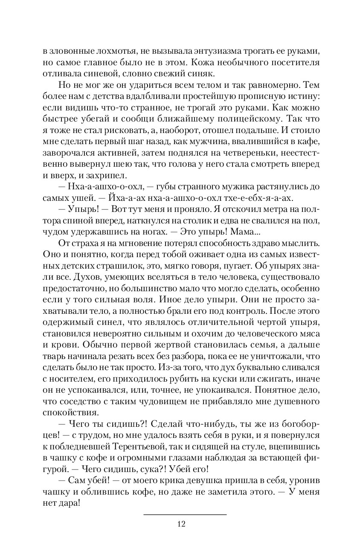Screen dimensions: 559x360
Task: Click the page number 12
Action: pyautogui.click(x=181, y=524)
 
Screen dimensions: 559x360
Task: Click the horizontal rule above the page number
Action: pyautogui.click(x=185, y=515)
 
